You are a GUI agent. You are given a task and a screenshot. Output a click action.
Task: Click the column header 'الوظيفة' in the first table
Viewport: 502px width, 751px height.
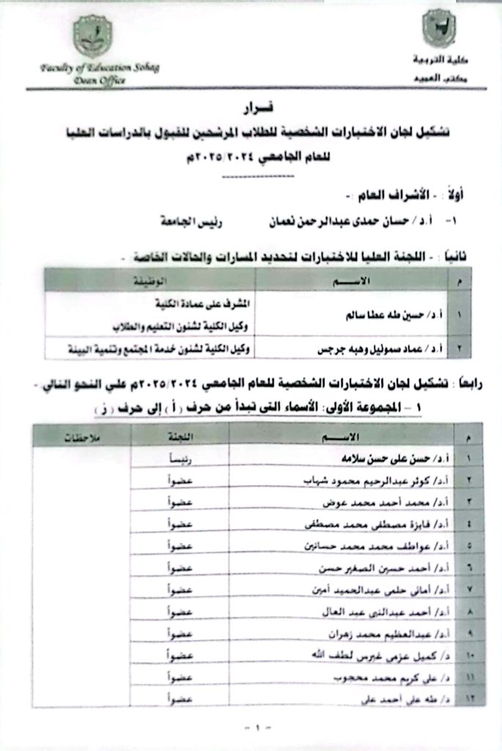[x=151, y=280]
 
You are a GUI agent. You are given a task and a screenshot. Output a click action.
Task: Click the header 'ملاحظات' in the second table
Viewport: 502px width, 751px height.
[x=81, y=437]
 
